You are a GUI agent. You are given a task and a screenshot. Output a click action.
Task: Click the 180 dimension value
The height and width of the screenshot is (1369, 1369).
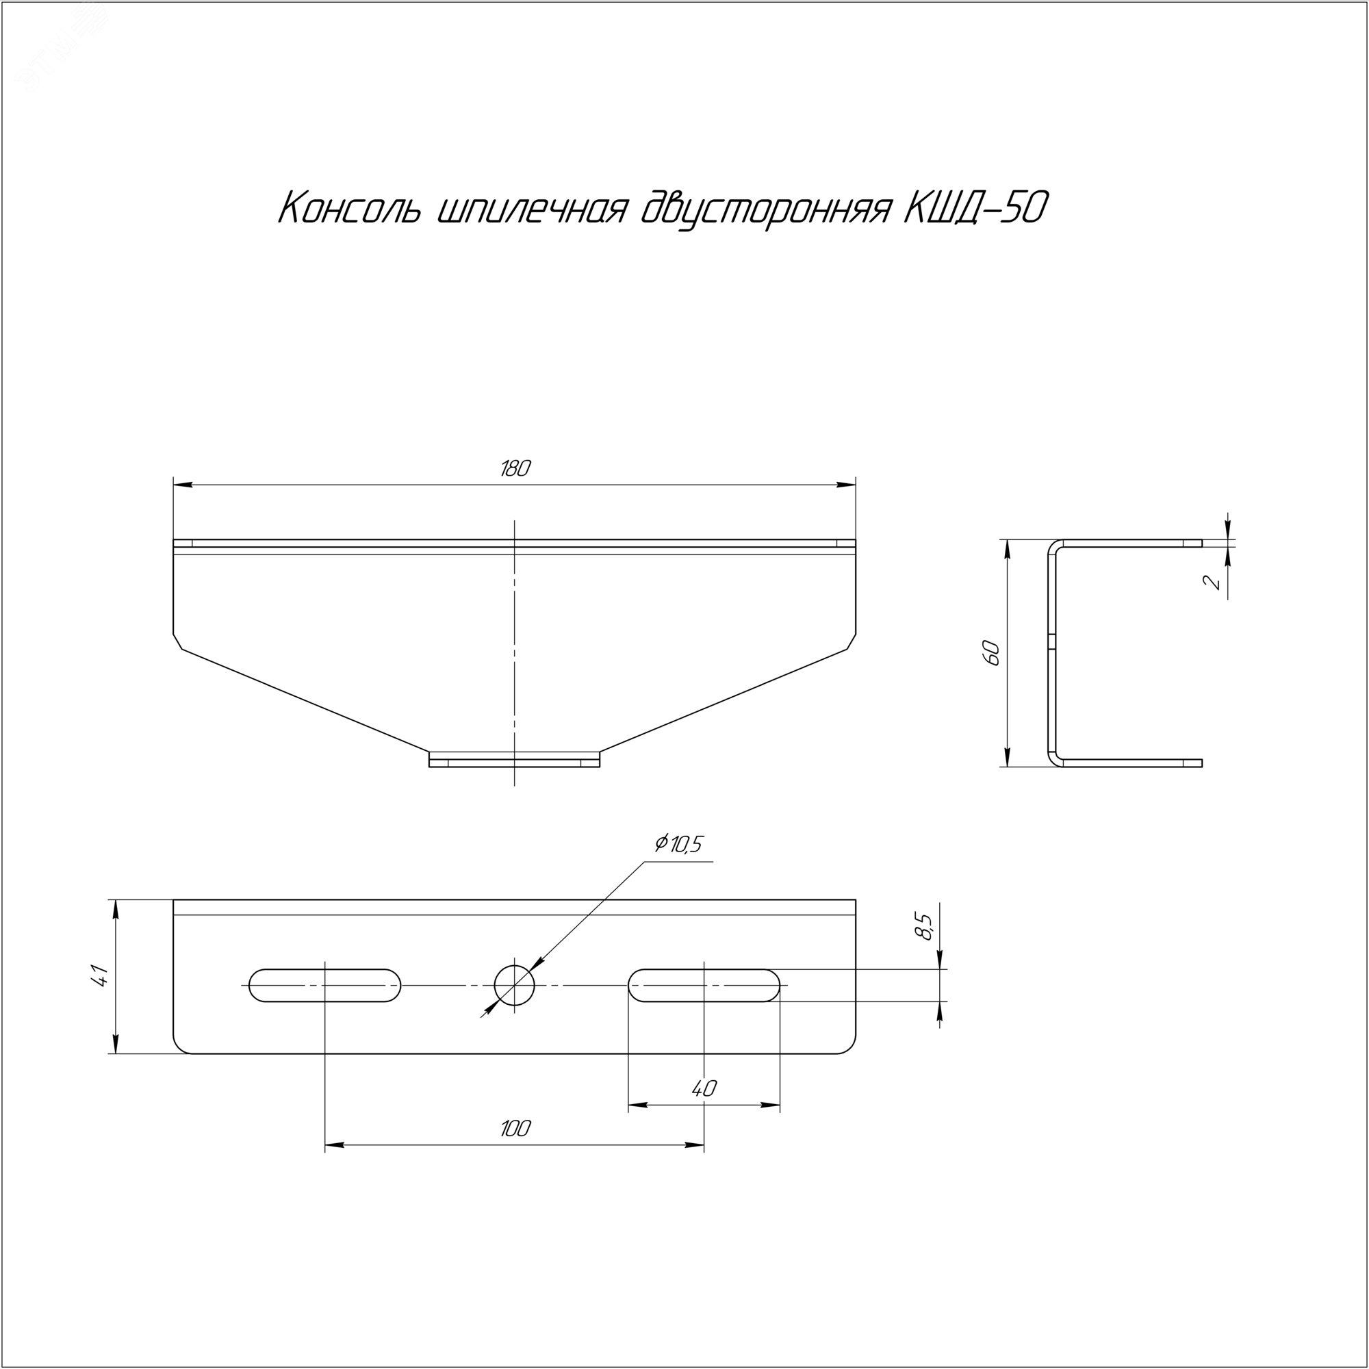point(515,468)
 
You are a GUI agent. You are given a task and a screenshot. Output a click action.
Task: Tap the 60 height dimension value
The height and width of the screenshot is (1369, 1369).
point(991,652)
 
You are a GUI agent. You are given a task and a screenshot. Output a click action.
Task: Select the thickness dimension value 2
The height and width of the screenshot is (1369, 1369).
point(1213,583)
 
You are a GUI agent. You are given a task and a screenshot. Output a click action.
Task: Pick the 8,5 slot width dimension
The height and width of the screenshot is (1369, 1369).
point(925,926)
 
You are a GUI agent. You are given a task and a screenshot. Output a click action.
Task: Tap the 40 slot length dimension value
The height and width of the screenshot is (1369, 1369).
point(704,1088)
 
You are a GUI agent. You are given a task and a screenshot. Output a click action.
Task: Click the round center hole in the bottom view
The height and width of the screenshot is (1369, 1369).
point(515,985)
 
